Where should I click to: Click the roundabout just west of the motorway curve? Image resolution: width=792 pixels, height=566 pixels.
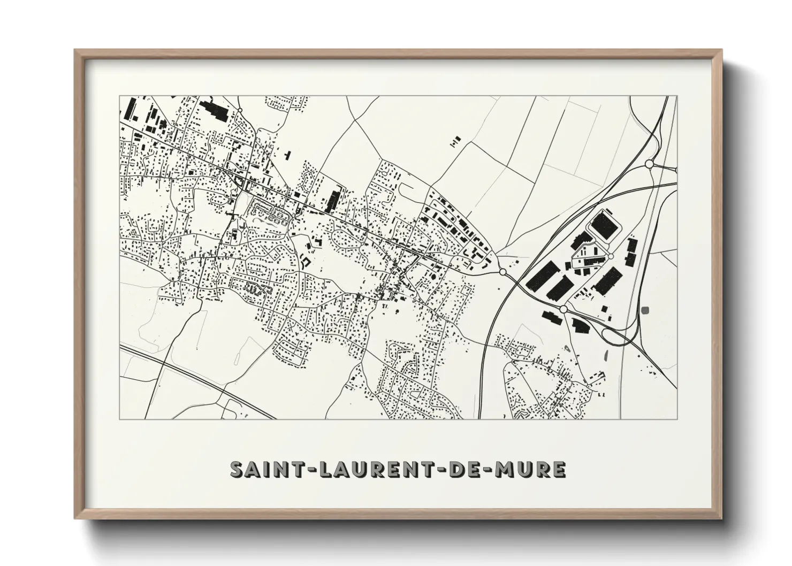(502, 272)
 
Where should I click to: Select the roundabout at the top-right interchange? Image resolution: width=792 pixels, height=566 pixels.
(649, 164)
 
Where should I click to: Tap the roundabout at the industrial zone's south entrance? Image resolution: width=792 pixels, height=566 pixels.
(563, 309)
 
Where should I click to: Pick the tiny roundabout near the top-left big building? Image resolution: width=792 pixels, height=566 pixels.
(240, 110)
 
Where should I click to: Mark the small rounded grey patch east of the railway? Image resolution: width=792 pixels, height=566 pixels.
(645, 310)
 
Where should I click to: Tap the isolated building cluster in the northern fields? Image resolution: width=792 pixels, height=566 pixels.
(455, 141)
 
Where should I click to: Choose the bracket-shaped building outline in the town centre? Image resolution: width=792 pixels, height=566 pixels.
(306, 262)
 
